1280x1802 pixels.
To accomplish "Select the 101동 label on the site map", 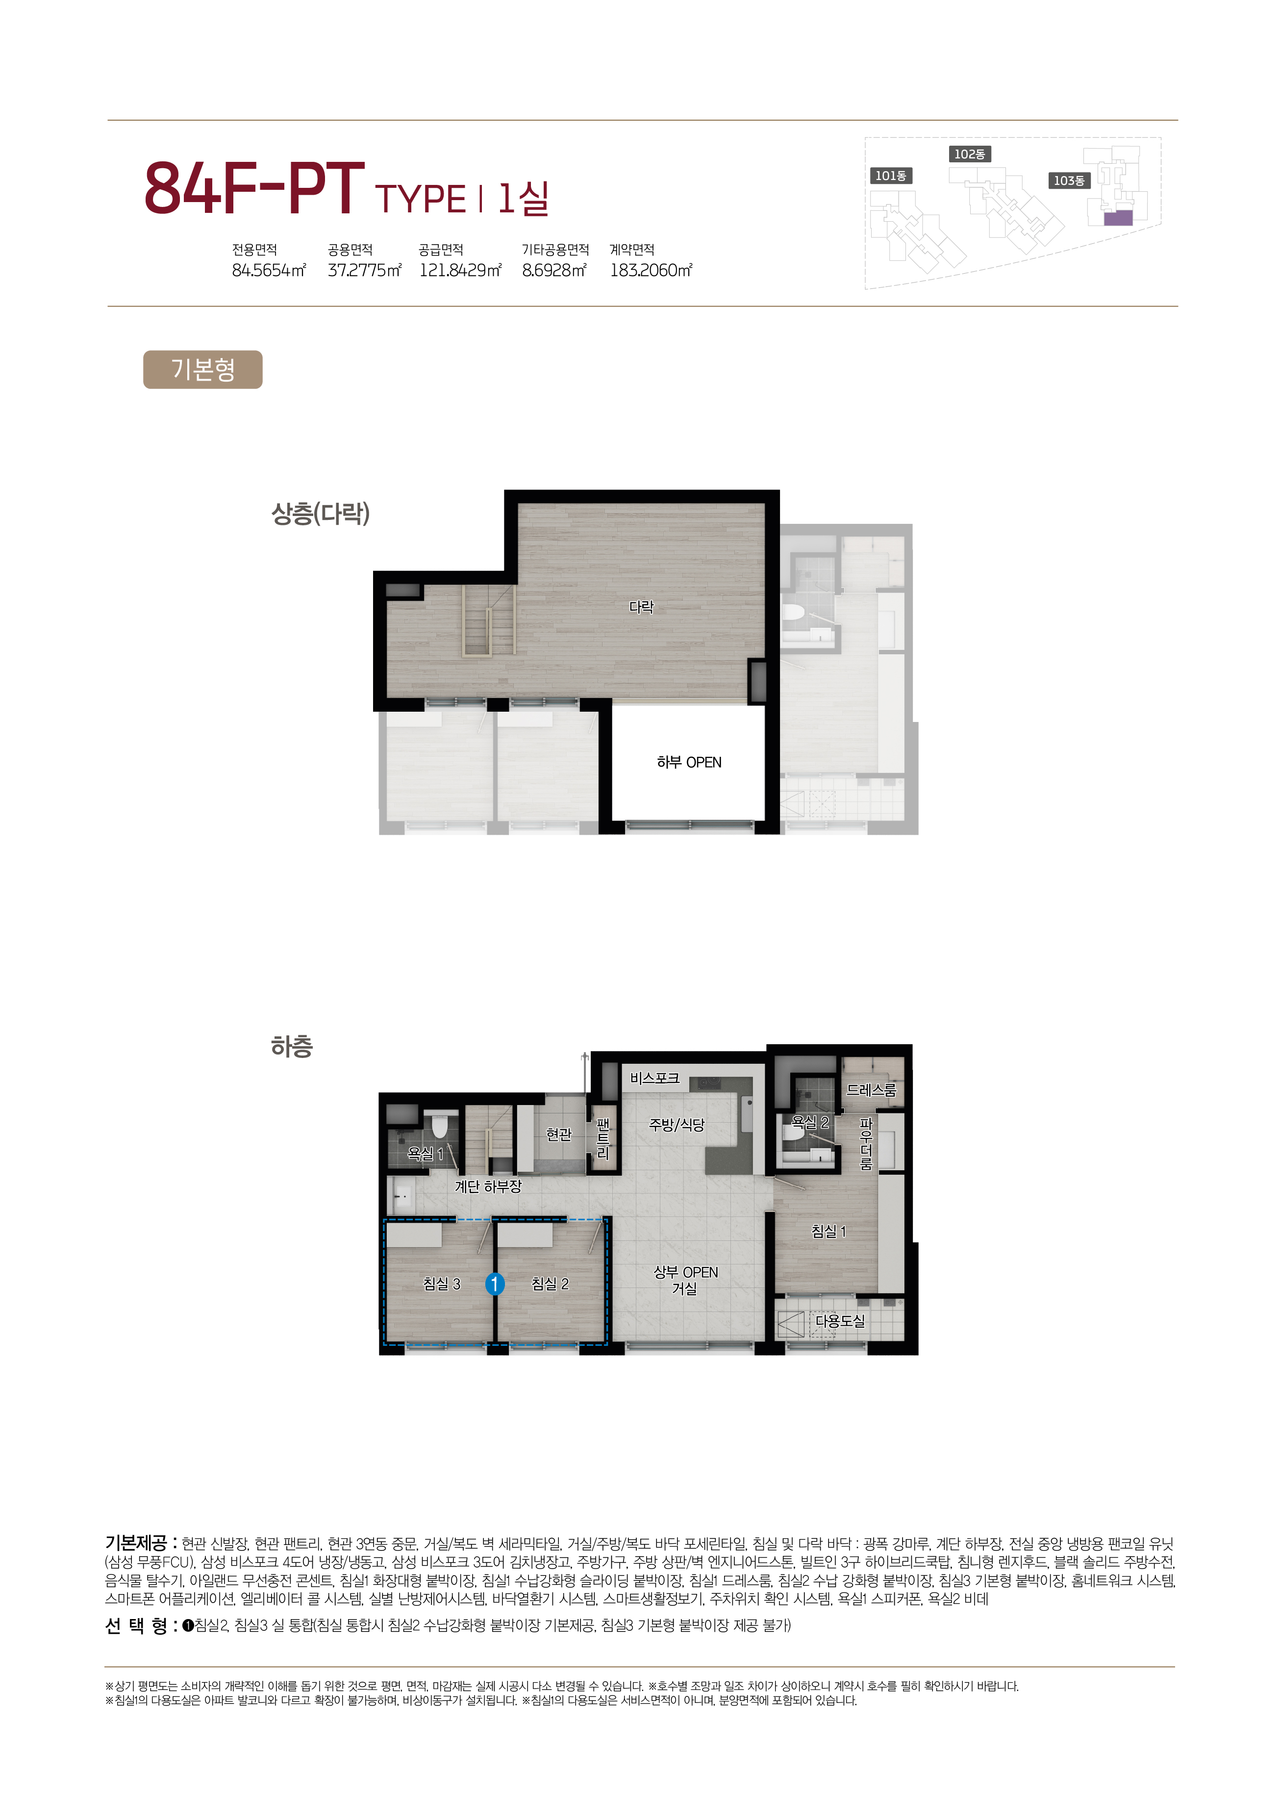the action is [x=891, y=176].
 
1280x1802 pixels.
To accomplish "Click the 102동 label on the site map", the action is [x=970, y=154].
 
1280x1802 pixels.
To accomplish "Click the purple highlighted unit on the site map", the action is [x=1118, y=218].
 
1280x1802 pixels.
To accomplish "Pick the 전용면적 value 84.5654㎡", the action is [x=269, y=271].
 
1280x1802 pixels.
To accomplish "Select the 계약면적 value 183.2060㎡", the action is [x=651, y=271].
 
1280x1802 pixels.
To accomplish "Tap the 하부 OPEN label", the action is [x=689, y=763].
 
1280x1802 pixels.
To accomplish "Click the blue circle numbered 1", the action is [x=494, y=1285].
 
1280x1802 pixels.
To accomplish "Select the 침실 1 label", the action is [x=828, y=1231].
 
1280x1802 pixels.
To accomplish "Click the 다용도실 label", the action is [x=840, y=1321].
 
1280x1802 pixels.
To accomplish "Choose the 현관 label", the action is [x=559, y=1134].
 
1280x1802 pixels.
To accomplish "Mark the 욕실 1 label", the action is [x=425, y=1154].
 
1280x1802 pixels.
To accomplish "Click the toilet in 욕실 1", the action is [x=441, y=1124].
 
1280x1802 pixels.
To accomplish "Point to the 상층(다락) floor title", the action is [x=320, y=514].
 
